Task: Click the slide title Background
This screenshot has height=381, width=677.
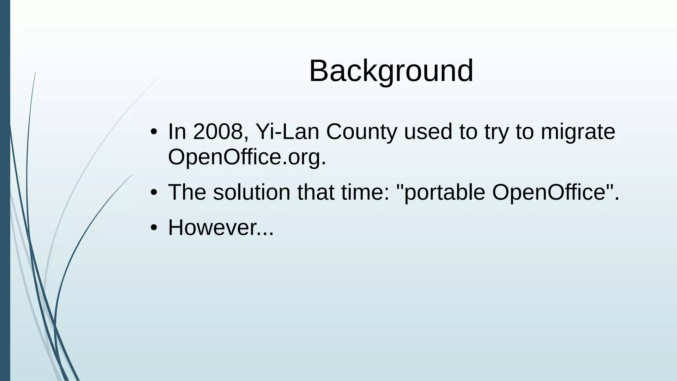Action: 391,71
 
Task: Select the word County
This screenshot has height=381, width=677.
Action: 361,132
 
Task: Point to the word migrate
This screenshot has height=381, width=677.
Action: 578,132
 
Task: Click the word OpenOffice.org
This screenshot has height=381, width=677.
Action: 247,157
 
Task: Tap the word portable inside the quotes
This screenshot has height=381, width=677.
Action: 444,192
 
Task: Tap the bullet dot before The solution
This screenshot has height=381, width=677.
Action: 153,193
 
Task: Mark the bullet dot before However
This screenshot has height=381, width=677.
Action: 153,228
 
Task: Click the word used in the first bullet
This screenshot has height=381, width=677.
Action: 428,132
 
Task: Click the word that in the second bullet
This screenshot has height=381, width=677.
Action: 316,192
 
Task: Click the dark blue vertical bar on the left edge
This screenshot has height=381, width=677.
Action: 5,190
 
